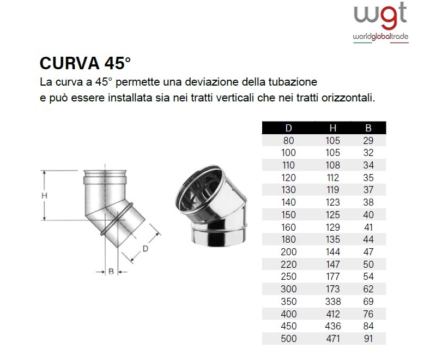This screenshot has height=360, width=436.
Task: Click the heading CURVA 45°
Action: (85, 63)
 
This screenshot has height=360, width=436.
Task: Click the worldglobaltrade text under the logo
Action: (380, 37)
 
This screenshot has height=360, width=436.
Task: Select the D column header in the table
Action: (289, 128)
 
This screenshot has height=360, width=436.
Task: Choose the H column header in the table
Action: (333, 128)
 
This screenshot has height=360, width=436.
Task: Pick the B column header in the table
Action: (368, 128)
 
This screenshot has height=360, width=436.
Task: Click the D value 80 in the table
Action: (289, 141)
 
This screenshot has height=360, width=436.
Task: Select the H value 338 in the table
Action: (333, 301)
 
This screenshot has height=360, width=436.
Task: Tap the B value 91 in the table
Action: (368, 339)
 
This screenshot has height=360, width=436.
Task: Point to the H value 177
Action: (333, 277)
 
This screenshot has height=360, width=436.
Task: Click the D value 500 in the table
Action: (289, 339)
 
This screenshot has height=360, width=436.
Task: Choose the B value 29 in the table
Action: (368, 141)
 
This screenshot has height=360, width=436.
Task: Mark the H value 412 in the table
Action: (333, 314)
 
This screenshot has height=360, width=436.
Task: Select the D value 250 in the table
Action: (289, 277)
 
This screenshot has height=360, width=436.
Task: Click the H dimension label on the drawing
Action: (45, 196)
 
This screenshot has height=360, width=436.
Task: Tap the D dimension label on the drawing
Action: (146, 248)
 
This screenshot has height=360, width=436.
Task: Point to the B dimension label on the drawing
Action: (111, 271)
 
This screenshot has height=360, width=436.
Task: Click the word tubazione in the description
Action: (293, 82)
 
